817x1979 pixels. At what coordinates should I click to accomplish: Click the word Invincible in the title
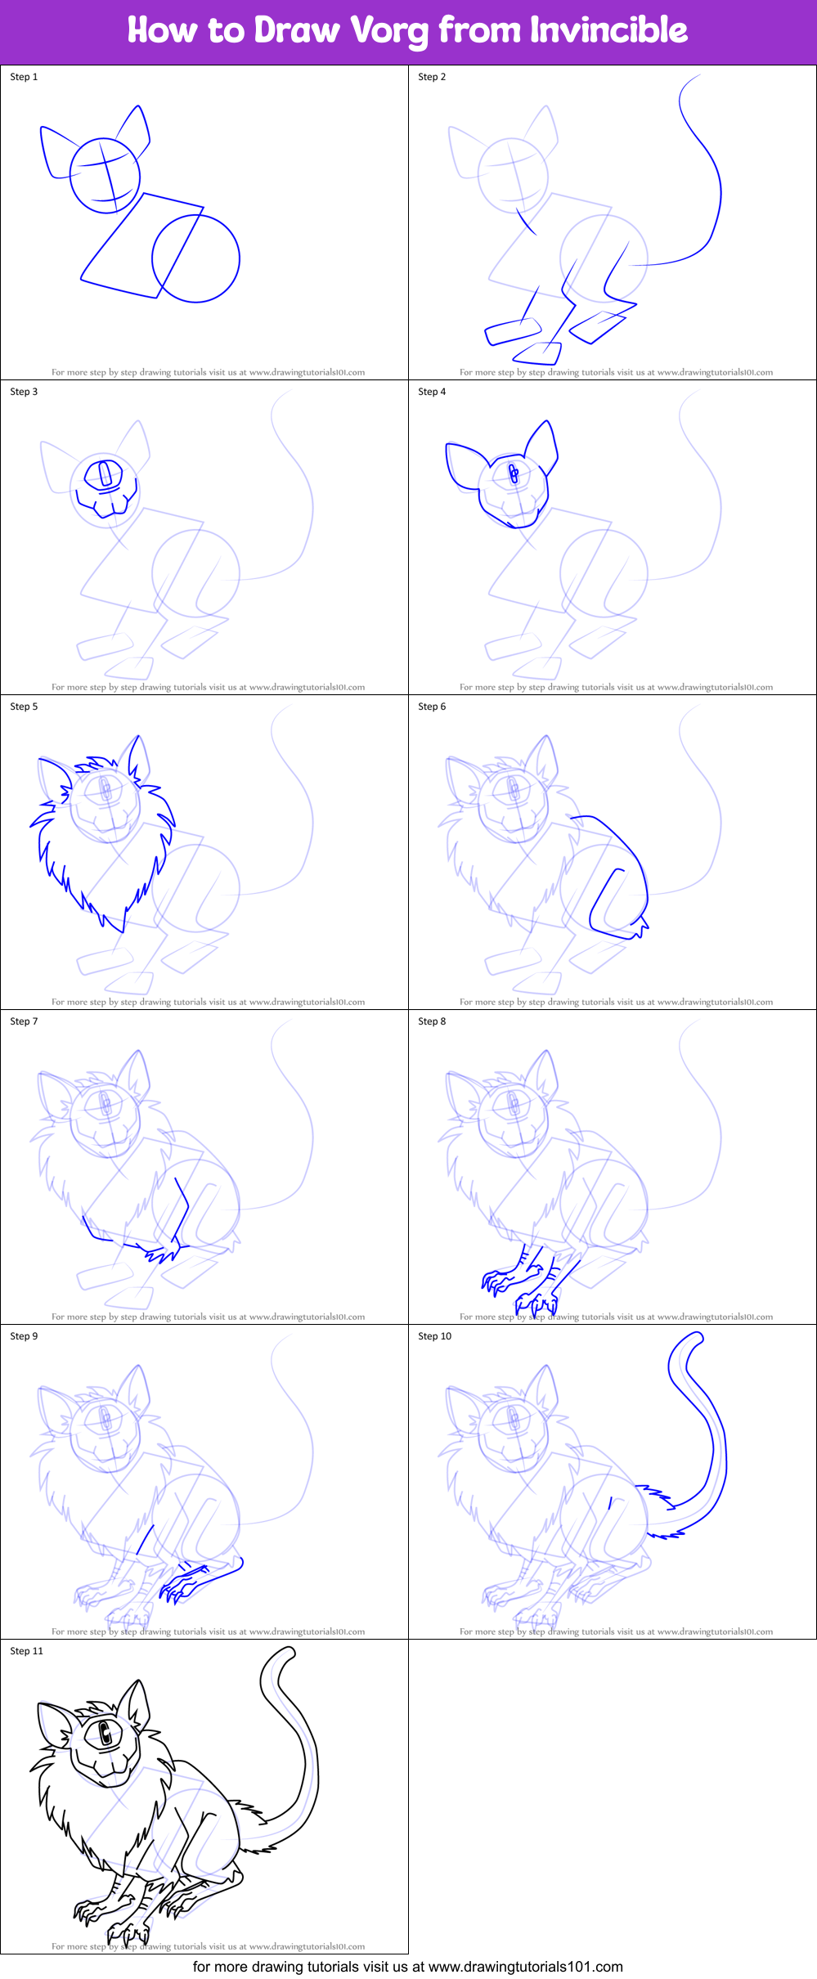click(608, 30)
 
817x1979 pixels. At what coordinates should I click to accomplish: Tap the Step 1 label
click(24, 77)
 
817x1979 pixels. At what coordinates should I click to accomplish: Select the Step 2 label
click(432, 77)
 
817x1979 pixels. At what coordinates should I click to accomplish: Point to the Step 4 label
click(432, 392)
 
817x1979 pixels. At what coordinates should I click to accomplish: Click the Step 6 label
click(432, 707)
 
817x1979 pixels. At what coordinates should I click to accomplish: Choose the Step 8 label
click(432, 1021)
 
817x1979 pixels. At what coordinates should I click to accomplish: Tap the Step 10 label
click(434, 1336)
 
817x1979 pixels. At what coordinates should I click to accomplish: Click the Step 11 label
click(26, 1651)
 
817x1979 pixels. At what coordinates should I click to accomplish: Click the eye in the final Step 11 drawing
click(105, 1732)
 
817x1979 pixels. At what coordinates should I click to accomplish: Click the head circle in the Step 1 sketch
click(105, 176)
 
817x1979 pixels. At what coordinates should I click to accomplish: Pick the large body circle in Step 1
click(196, 258)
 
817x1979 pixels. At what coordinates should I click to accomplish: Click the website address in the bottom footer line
click(525, 1967)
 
